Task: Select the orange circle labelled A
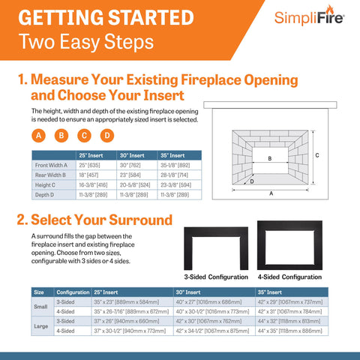click(39, 136)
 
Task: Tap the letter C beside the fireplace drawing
click(318, 155)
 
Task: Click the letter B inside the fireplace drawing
click(269, 159)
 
